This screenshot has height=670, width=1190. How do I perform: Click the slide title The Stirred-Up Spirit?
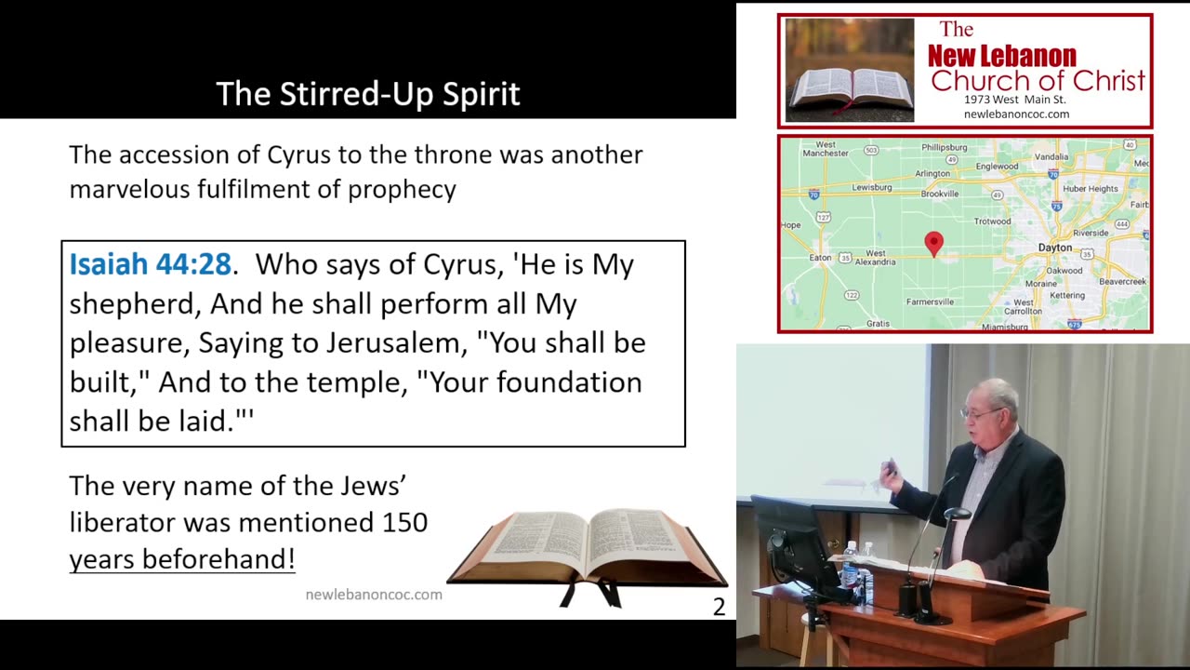pyautogui.click(x=367, y=94)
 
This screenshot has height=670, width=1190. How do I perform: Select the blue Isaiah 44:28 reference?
pyautogui.click(x=150, y=264)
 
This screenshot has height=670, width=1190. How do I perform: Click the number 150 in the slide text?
pyautogui.click(x=404, y=522)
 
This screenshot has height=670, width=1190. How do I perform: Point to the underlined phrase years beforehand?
pyautogui.click(x=182, y=558)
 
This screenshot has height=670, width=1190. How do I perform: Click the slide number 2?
pyautogui.click(x=718, y=607)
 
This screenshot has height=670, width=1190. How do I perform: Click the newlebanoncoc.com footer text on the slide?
pyautogui.click(x=374, y=594)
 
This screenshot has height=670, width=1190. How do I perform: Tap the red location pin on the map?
pyautogui.click(x=933, y=244)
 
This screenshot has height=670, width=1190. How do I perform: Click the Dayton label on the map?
pyautogui.click(x=1054, y=248)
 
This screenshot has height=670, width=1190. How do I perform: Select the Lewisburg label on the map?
pyautogui.click(x=871, y=187)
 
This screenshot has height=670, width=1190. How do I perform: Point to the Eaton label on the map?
pyautogui.click(x=821, y=258)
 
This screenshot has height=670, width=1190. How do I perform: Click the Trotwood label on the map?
pyautogui.click(x=992, y=221)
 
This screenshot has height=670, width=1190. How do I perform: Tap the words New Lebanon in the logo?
pyautogui.click(x=1001, y=56)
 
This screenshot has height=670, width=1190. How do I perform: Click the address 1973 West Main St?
pyautogui.click(x=1015, y=100)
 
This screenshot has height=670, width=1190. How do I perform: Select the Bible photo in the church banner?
pyautogui.click(x=849, y=71)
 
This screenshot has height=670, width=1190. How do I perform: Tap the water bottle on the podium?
pyautogui.click(x=850, y=564)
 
